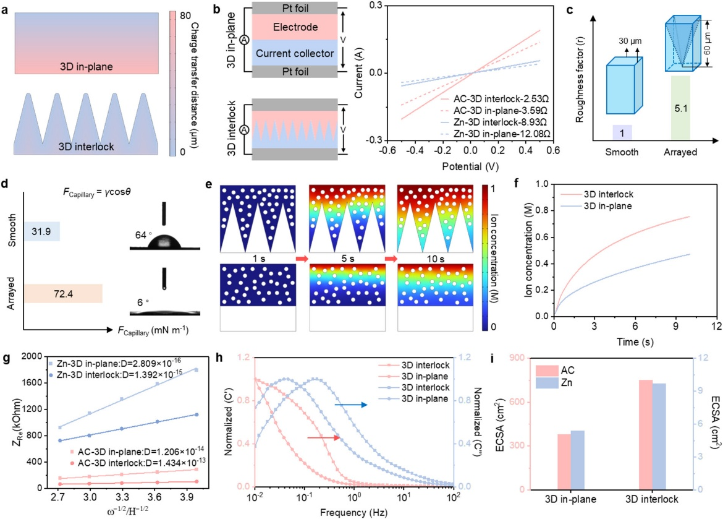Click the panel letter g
pyautogui.click(x=6, y=358)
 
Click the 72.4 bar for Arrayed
pyautogui.click(x=64, y=294)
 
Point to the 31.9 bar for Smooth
pyautogui.click(x=41, y=231)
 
